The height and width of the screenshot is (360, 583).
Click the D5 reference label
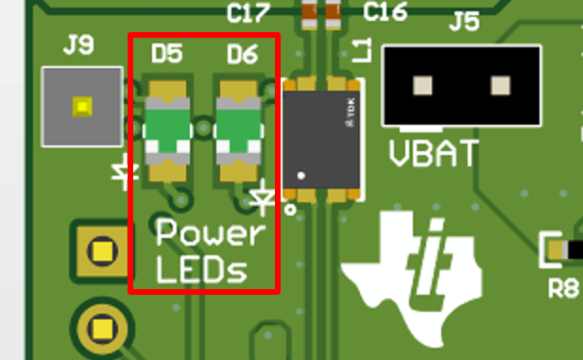coord(166,55)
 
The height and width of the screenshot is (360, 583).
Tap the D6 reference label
coord(242,55)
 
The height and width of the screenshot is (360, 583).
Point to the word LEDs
coord(201,270)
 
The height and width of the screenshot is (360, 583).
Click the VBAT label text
coord(433,153)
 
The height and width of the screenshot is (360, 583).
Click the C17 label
coord(249,12)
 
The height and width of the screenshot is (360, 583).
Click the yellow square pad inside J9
coord(82,106)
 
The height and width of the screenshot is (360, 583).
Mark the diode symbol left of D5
coord(122,173)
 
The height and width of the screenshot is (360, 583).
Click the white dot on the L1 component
coord(301,175)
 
